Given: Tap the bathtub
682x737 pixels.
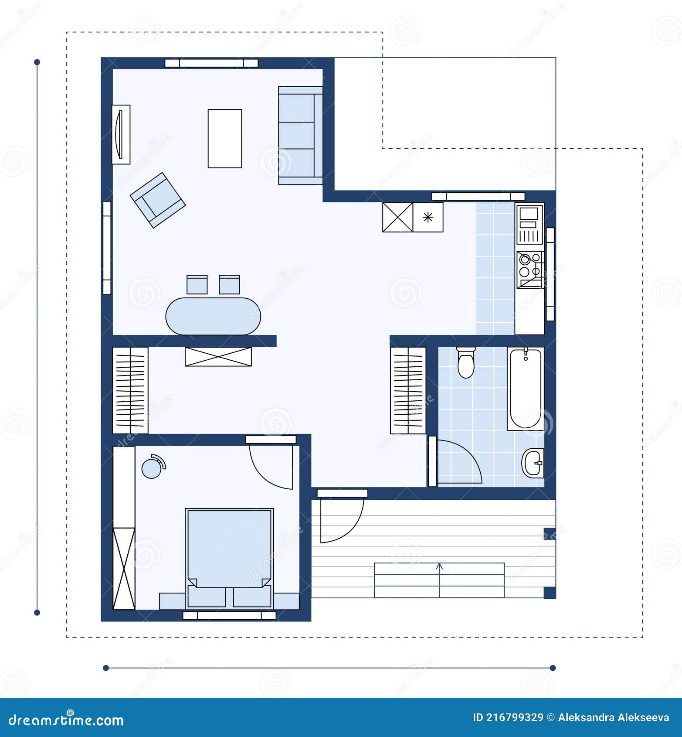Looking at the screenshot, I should tap(525, 388).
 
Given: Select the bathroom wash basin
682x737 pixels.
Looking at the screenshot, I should tap(533, 463).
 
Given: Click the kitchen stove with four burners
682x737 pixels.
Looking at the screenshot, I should tap(529, 270).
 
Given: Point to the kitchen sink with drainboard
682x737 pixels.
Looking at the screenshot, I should tap(529, 225).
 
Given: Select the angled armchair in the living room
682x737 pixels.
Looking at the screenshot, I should tap(158, 200).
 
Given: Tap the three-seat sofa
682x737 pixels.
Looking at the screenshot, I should tap(300, 135).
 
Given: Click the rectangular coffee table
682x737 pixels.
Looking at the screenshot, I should tap(224, 138).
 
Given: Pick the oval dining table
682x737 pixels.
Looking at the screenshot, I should tap(213, 316).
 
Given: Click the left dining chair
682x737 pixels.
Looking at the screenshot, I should tap(197, 285).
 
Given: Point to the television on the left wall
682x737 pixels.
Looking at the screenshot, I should tap(120, 134).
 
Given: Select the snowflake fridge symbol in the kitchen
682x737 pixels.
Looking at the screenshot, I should tap(428, 217).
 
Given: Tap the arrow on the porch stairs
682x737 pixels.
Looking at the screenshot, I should tap(439, 567).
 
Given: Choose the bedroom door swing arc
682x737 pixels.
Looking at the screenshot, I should tap(270, 467).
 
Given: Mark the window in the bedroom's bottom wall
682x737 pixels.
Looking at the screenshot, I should tap(229, 615).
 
